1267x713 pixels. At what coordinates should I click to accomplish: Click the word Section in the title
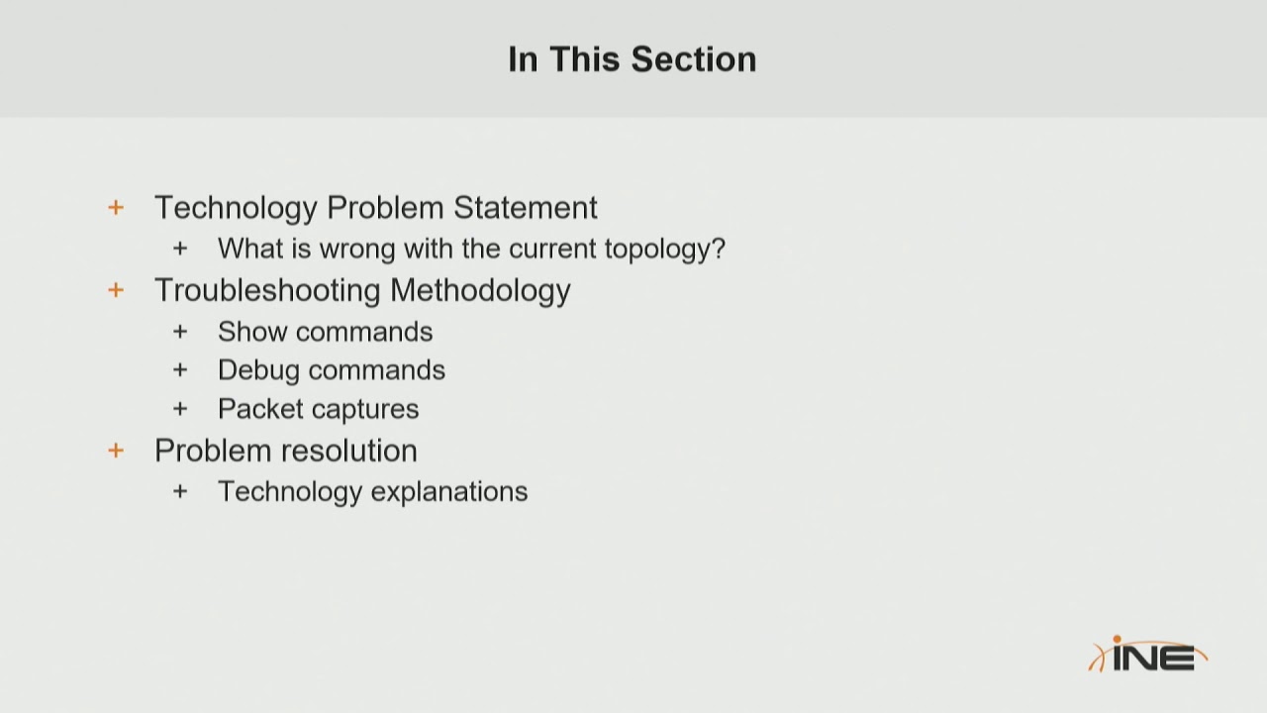(x=694, y=58)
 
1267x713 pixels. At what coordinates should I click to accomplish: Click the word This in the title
(x=585, y=58)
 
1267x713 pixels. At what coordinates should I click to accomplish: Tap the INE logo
(x=1147, y=655)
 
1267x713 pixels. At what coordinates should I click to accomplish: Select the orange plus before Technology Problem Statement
(x=116, y=208)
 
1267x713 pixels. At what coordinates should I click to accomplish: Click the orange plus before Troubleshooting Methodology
(x=116, y=290)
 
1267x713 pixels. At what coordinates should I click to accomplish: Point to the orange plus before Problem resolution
(x=116, y=451)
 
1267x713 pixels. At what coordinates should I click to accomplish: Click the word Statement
(x=526, y=207)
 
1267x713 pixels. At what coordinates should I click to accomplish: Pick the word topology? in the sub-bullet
(x=665, y=249)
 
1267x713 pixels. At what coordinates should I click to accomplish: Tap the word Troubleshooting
(x=267, y=290)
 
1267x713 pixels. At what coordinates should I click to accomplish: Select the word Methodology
(x=481, y=290)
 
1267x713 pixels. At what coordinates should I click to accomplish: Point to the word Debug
(x=259, y=370)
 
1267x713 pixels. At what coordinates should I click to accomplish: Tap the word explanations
(x=449, y=492)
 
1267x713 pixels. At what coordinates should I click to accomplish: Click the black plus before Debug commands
(x=180, y=370)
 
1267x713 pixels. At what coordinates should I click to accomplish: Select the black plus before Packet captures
(x=180, y=409)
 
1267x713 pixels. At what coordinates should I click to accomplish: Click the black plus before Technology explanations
(x=180, y=491)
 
